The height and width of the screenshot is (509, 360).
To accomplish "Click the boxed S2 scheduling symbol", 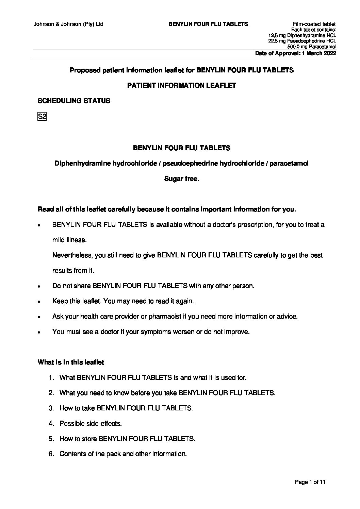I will tap(42, 117).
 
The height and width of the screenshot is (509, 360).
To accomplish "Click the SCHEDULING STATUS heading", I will tap(74, 101).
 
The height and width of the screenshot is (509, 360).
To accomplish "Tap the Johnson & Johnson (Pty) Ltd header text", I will tap(68, 24).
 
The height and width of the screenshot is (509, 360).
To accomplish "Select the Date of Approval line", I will tap(296, 53).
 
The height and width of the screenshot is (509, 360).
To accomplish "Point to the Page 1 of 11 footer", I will tap(310, 482).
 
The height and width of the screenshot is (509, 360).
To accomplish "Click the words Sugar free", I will tap(181, 179).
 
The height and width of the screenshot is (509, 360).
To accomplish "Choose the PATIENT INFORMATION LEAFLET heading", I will tap(181, 85).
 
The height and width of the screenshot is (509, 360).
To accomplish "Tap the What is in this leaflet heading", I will tap(71, 362).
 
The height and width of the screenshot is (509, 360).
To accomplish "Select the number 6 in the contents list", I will tap(51, 454).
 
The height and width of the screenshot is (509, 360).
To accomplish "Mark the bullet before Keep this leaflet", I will tap(39, 302).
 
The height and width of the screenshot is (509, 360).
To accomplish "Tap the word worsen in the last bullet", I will tap(184, 332).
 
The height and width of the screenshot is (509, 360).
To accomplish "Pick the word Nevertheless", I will tap(72, 255).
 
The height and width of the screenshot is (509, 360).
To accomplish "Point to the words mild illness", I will tap(69, 240).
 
